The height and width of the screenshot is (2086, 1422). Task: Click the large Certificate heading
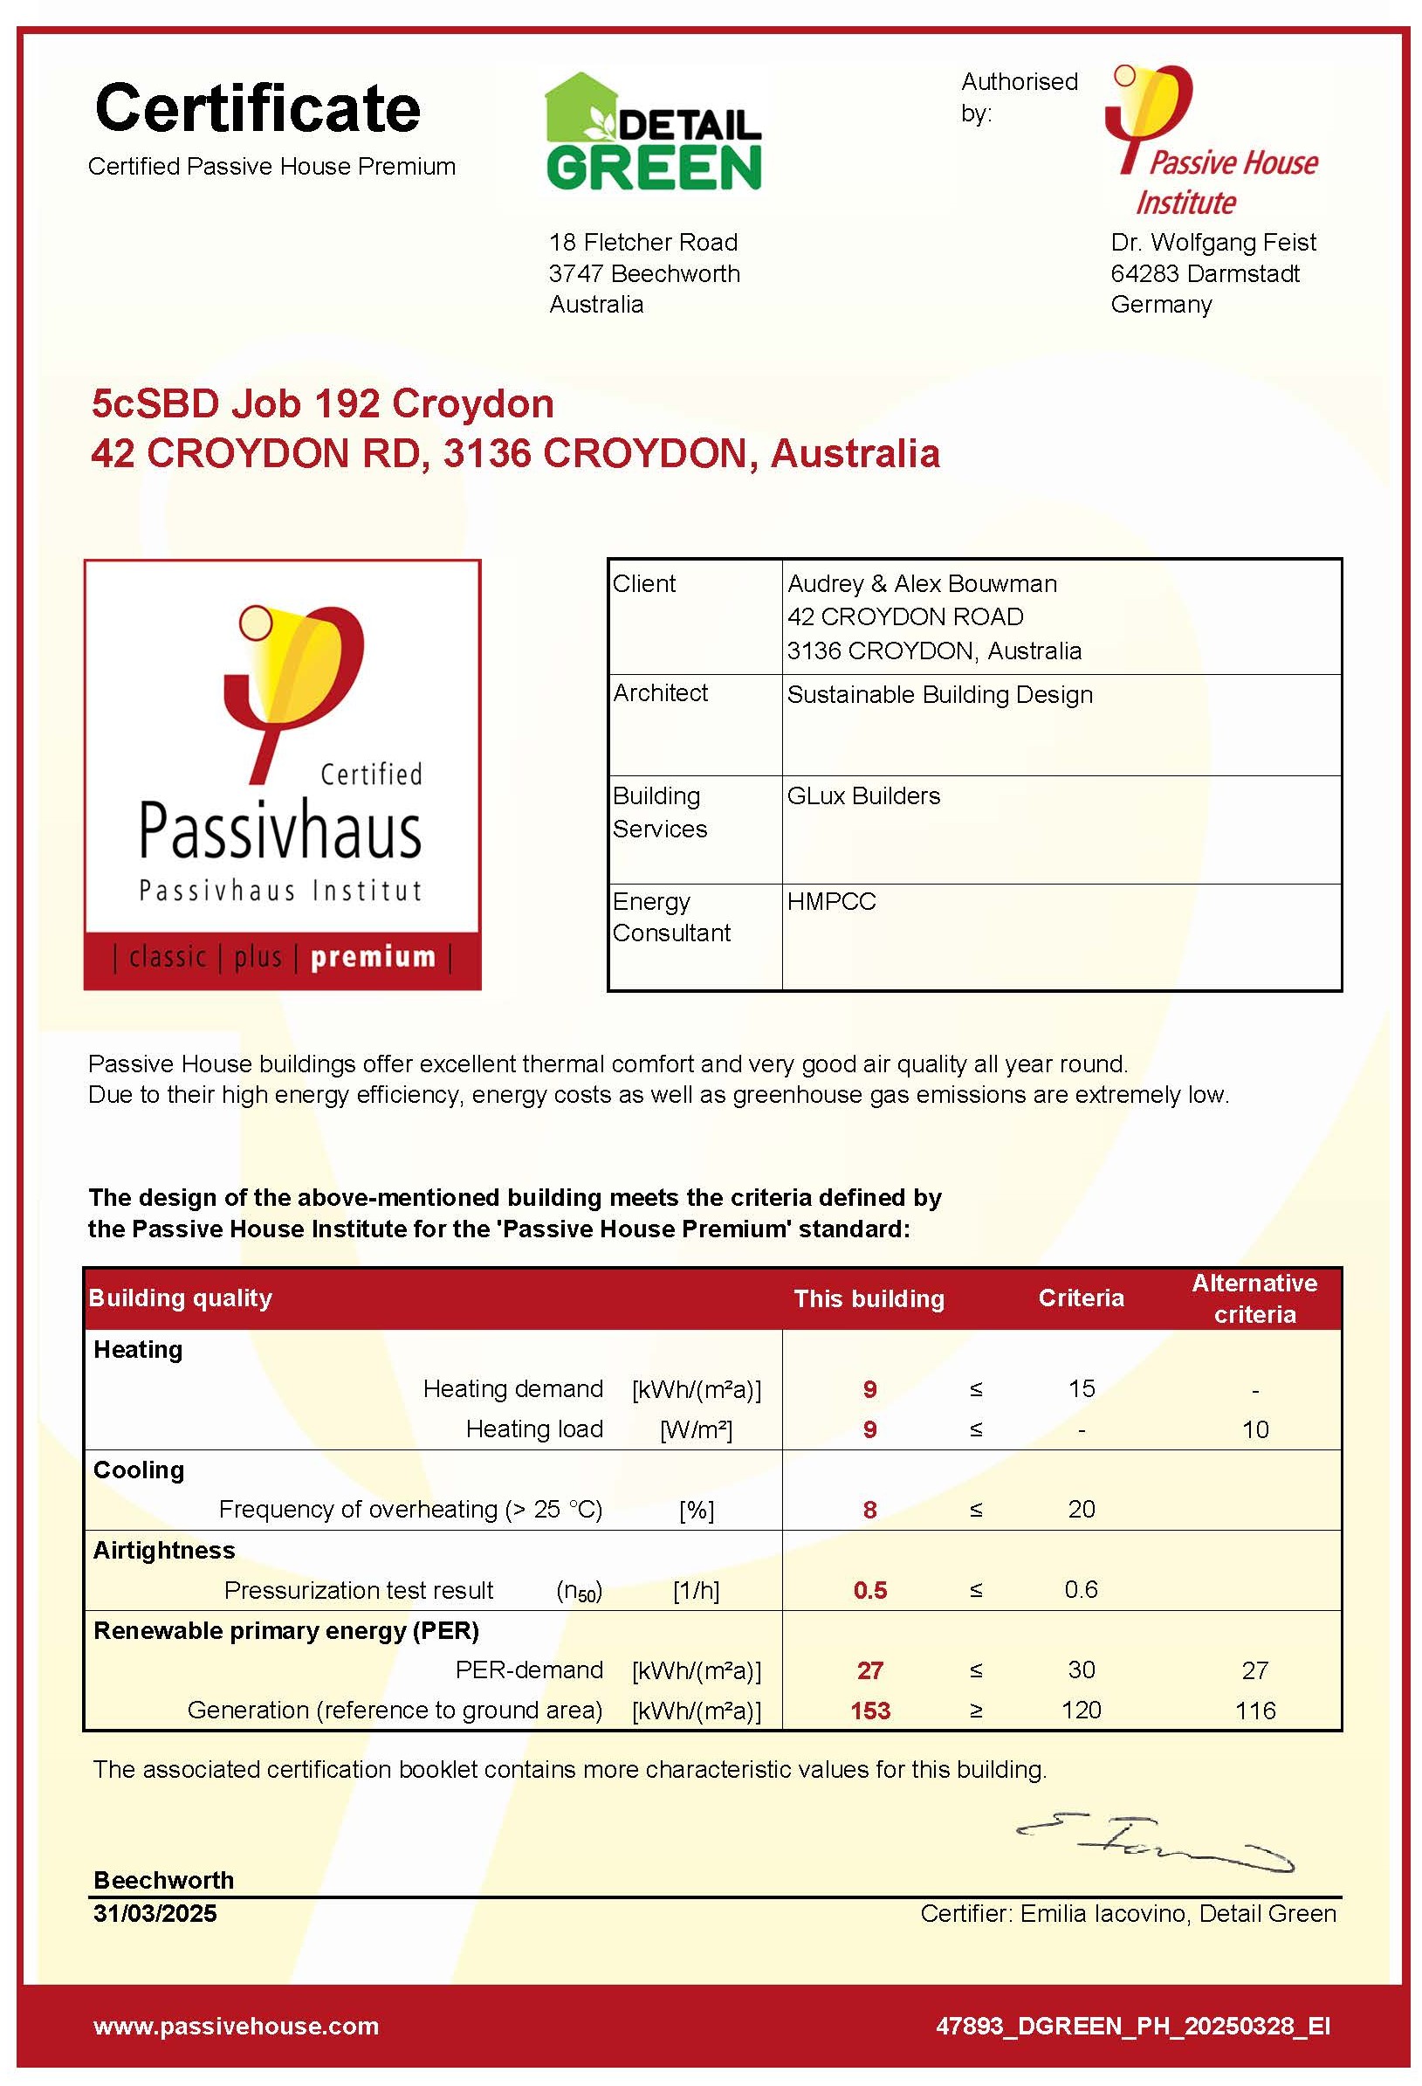coord(258,108)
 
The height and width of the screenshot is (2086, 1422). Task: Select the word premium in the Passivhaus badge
coord(373,957)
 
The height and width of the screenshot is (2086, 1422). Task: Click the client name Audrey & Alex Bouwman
coord(922,583)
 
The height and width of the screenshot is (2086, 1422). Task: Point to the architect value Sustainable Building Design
coord(939,695)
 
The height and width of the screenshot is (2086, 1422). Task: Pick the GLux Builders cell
coord(863,795)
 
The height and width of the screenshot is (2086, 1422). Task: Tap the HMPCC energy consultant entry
coord(831,901)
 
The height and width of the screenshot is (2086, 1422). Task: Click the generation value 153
coord(869,1710)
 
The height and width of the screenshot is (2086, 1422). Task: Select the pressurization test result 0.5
coord(869,1590)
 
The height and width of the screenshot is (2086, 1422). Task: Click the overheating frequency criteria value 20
coord(1080,1509)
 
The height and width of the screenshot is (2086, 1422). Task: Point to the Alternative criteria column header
coord(1254,1298)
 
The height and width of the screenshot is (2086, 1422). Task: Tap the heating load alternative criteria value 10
coord(1254,1429)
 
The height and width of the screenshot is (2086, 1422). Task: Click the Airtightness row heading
coord(164,1550)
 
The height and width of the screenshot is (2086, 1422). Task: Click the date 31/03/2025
coord(155,1913)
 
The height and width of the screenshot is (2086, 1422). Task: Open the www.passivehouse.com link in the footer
coord(236,2026)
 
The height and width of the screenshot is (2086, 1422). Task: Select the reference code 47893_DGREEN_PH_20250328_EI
coord(1132,2026)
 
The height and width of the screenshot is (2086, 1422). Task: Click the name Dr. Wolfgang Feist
coord(1212,243)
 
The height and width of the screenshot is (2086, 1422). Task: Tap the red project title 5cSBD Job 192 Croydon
coord(322,404)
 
